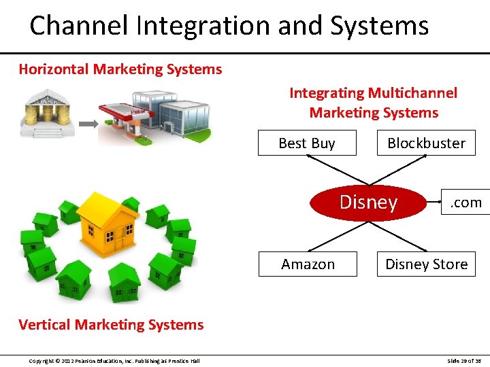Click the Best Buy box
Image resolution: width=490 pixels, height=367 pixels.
click(x=306, y=143)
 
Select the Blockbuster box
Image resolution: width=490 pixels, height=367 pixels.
click(x=426, y=143)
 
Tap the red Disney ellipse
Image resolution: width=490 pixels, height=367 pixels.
click(x=367, y=203)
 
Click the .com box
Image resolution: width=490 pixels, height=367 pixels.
click(x=466, y=202)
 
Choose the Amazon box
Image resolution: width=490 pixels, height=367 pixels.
click(x=308, y=264)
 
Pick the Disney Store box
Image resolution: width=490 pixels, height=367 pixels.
click(x=426, y=264)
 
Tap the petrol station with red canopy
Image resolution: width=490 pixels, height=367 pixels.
click(x=126, y=122)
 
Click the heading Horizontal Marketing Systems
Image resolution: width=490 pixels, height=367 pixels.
click(x=120, y=69)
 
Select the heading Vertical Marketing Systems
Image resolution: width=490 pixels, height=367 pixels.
click(x=111, y=324)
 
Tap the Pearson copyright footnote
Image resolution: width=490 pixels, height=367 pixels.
click(x=114, y=360)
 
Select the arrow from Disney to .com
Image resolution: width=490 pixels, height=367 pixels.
click(x=433, y=201)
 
